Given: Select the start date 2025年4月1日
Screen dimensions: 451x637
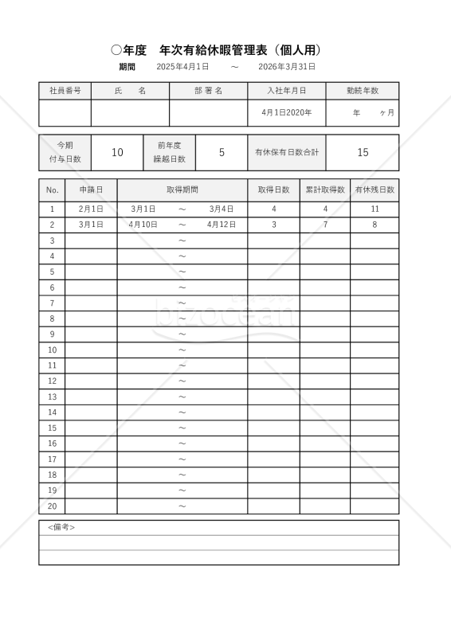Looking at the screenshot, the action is [x=182, y=67].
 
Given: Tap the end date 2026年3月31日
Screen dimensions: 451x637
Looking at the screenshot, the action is [x=288, y=67].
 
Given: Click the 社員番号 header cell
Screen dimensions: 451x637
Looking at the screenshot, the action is [x=65, y=91].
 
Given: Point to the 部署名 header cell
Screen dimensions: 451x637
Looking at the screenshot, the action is [x=208, y=91].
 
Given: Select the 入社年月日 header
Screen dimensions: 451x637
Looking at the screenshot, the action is [x=286, y=91].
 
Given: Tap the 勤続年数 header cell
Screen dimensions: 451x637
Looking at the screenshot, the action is [x=363, y=91].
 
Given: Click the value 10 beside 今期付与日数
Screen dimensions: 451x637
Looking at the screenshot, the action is [x=116, y=152].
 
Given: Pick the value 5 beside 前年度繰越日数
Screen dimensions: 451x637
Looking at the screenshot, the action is [x=222, y=152].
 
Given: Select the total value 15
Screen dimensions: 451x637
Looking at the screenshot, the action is [x=363, y=152].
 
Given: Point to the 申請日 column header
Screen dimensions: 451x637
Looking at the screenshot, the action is [x=91, y=190].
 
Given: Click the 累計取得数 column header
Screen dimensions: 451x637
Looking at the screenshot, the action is [x=325, y=190].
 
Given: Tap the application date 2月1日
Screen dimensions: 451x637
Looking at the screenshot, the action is [x=91, y=209].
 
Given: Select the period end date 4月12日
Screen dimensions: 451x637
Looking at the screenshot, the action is [x=222, y=225].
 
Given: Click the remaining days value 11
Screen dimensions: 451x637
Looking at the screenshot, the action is [x=375, y=209].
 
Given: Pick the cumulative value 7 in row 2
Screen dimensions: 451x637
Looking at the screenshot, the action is [x=325, y=225].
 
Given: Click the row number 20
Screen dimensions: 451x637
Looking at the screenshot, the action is [x=52, y=506].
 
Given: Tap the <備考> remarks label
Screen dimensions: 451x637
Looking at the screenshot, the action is [x=61, y=528].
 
